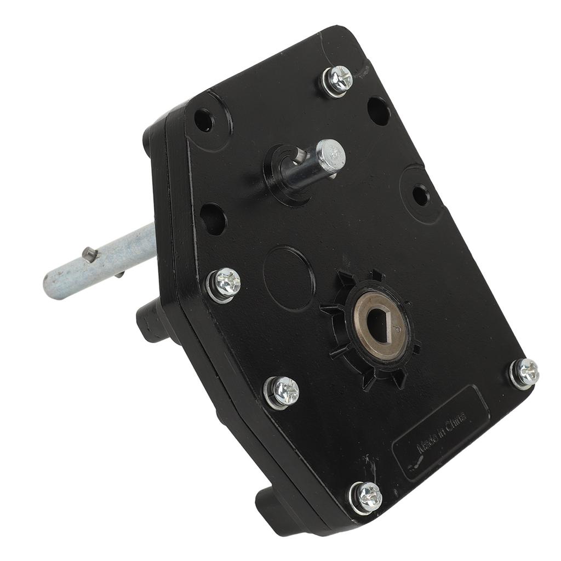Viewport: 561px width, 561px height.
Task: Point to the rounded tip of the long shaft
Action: coord(51,284)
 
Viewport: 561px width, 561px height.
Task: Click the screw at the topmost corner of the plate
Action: coord(337,81)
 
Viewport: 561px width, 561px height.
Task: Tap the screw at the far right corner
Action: coord(524,373)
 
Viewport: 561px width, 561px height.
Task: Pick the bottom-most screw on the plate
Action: coord(366,497)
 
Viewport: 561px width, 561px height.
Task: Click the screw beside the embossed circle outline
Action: coord(224,284)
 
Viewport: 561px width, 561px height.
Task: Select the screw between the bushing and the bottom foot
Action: coord(282,392)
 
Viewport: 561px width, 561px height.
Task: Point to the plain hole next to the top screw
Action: coord(379,111)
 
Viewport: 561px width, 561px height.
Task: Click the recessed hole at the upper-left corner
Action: coord(204,120)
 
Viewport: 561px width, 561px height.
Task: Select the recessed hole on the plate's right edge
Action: coord(420,196)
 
